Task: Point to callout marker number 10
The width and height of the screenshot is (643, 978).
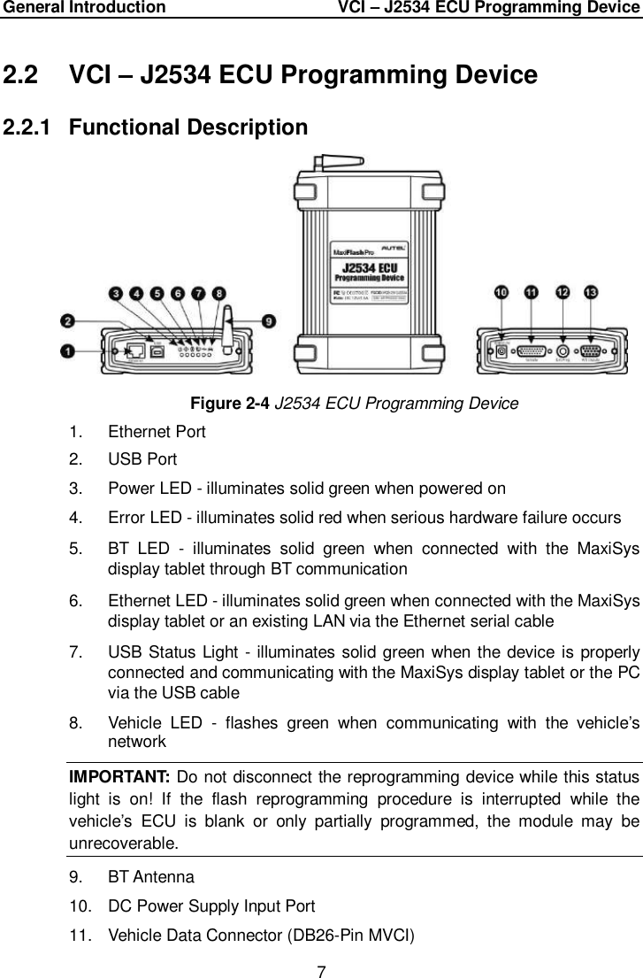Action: click(x=501, y=291)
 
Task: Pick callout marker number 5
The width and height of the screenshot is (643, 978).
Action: click(x=157, y=293)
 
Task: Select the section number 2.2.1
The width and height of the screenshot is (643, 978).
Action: click(x=33, y=127)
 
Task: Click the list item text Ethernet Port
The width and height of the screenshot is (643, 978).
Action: click(x=157, y=432)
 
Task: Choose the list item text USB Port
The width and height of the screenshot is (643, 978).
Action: click(x=142, y=459)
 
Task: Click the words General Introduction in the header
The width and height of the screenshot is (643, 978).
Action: click(x=83, y=8)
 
